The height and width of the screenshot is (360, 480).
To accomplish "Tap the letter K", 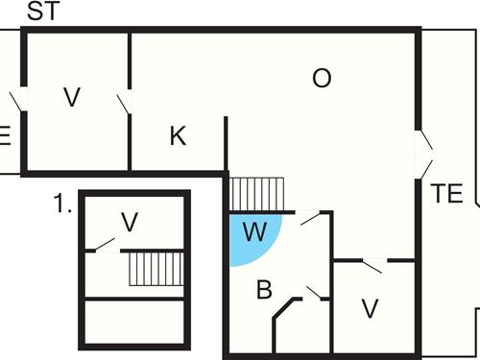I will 178,136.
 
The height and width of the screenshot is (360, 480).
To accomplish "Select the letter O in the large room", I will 322,79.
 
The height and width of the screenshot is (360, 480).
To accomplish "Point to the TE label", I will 446,192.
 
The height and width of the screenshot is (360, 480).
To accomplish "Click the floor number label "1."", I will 63,204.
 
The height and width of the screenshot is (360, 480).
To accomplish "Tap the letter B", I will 264,290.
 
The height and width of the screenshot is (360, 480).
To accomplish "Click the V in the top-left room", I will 71,96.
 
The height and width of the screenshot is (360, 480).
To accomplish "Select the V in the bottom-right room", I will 370,309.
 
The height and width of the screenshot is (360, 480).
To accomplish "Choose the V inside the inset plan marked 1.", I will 130,223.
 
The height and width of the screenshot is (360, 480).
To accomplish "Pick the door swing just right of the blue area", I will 311,220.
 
